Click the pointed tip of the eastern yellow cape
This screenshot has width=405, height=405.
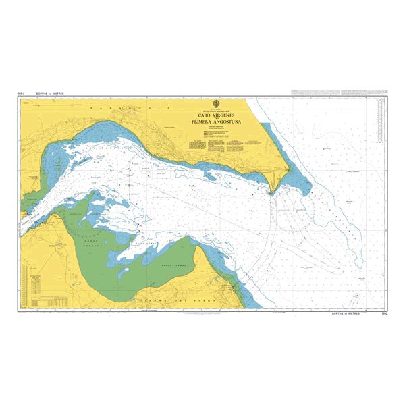tap(271, 192)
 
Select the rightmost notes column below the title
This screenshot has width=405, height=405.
tap(254, 142)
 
